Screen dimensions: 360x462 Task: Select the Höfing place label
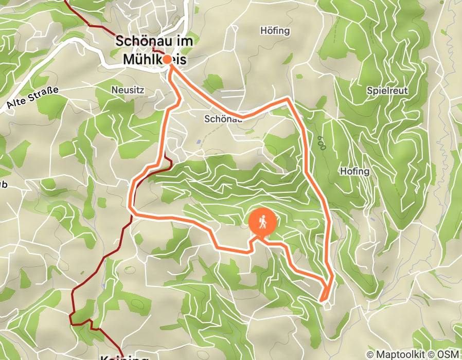275,31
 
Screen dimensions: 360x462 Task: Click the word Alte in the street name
18,103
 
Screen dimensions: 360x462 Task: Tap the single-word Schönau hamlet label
223,119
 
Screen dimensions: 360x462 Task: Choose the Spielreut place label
387,91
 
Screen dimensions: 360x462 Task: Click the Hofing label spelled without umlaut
354,171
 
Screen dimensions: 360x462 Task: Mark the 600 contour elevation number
322,143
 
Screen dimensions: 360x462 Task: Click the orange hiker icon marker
262,223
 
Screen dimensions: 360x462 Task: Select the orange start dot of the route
167,59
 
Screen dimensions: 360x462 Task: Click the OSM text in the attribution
448,354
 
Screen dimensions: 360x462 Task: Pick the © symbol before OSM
432,354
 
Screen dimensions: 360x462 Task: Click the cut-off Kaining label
124,357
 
